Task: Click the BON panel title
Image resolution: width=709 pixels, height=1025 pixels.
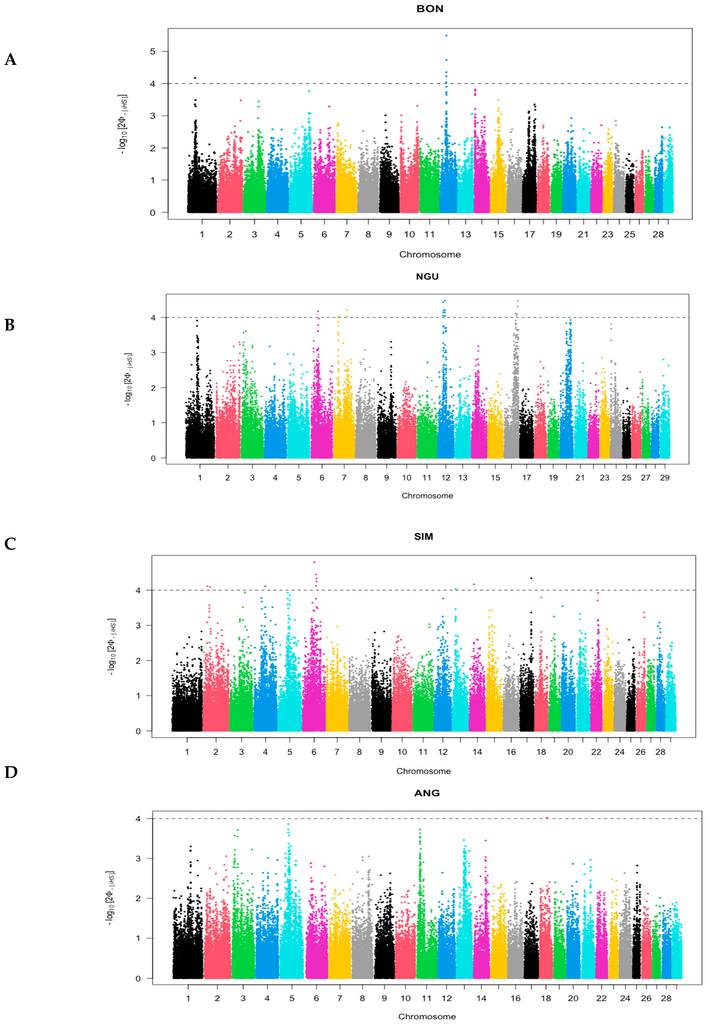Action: coord(430,9)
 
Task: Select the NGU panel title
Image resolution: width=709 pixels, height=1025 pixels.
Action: coord(427,277)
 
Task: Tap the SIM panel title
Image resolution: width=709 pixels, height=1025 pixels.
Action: coord(423,536)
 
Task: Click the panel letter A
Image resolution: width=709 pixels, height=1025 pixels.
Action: coord(11,59)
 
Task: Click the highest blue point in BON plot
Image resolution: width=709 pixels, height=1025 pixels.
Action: coord(446,36)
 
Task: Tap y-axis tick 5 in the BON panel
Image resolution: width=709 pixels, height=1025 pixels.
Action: coord(153,51)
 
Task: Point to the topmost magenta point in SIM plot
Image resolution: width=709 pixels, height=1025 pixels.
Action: coord(314,562)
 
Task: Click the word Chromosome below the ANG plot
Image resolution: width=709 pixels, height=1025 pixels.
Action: coord(427,1016)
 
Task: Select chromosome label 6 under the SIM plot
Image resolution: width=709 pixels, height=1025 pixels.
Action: coord(314,752)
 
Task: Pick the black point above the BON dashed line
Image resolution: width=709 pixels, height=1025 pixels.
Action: coord(195,78)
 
